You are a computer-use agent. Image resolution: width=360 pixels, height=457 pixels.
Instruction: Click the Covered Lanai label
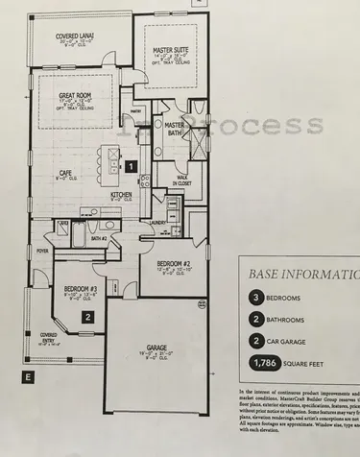(65, 36)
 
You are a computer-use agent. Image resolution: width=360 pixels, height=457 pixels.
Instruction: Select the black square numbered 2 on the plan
(87, 313)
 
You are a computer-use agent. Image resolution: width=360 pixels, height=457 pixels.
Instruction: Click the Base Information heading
(301, 273)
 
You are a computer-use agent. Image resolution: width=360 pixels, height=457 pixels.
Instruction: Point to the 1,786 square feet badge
(266, 363)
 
